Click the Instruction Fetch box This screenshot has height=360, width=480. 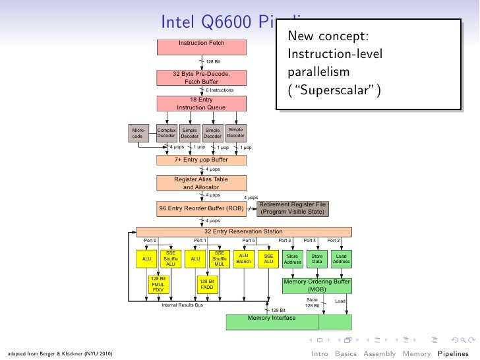201,46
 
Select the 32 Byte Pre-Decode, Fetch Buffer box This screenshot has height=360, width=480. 201,78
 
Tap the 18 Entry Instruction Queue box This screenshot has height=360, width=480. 201,104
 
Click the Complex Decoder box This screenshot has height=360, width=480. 166,133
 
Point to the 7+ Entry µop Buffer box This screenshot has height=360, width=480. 201,160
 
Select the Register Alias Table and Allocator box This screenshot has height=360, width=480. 201,183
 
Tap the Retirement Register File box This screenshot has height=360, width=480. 292,208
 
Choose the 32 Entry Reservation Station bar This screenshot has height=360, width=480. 244,231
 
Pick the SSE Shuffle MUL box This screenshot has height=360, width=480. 220,258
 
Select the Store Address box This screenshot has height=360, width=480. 292,258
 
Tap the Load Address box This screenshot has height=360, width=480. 341,258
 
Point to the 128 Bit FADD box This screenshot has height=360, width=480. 207,284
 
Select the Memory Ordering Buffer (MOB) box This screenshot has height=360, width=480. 316,285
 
